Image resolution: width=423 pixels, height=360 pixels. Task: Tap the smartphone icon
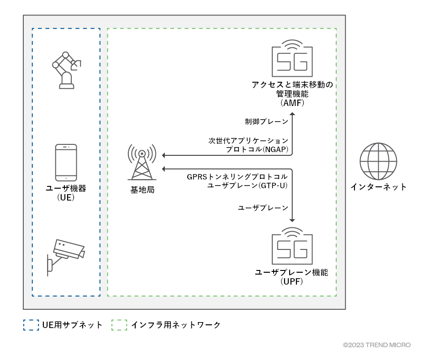66,163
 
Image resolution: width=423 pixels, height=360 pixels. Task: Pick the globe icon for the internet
378,162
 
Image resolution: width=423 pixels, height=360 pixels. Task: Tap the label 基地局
142,189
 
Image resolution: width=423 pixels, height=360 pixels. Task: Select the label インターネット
378,187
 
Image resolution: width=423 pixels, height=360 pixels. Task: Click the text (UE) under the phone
66,197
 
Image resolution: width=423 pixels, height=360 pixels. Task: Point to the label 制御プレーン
266,122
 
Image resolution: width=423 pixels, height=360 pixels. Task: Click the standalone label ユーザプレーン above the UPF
263,208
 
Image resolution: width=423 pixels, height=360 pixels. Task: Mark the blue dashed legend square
31,325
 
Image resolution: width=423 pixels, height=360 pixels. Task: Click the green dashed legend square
119,325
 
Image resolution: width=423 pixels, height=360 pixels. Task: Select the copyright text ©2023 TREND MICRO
376,345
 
